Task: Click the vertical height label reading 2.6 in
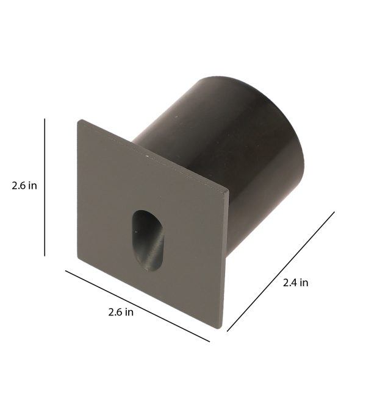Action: click(x=24, y=186)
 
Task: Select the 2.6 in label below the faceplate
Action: click(x=121, y=312)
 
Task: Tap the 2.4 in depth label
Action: click(x=295, y=283)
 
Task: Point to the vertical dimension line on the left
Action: click(x=45, y=187)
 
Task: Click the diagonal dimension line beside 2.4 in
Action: click(x=281, y=272)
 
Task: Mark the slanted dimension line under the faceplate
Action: click(x=137, y=306)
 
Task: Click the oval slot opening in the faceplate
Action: click(x=148, y=241)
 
